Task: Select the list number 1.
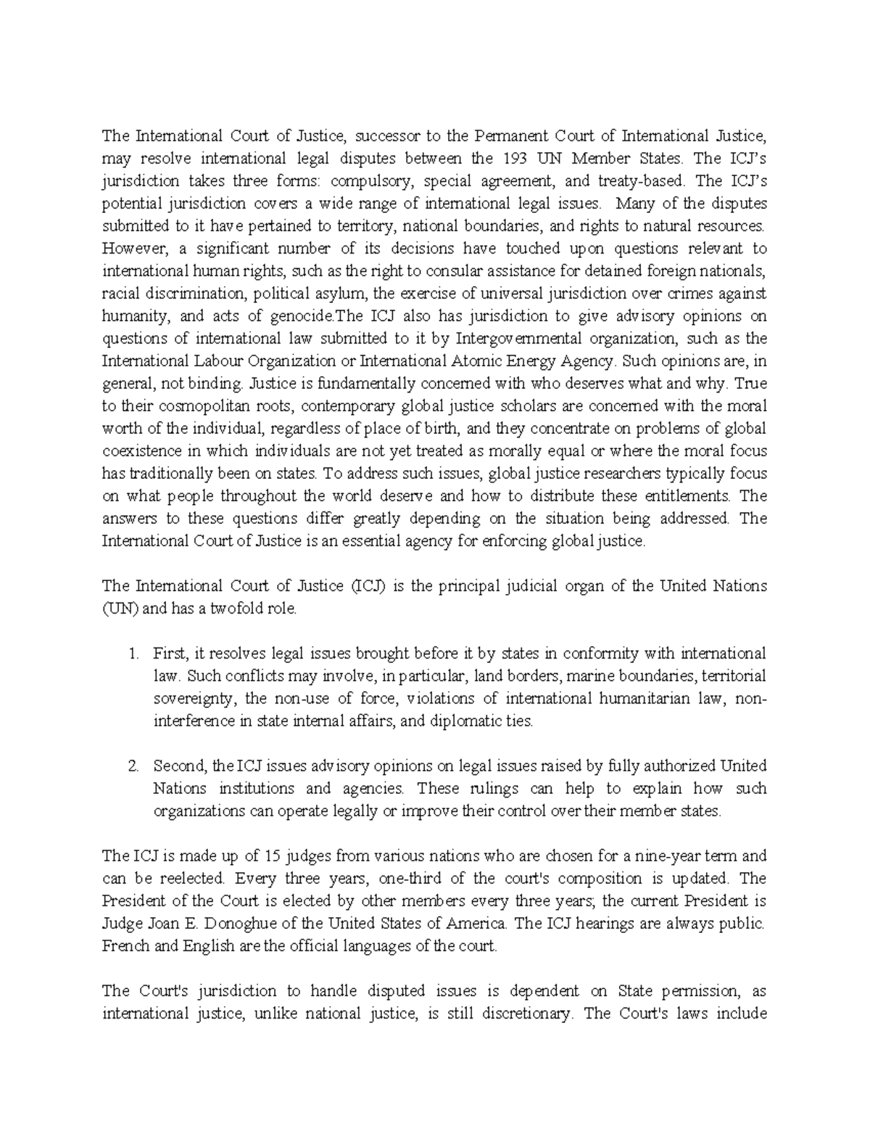coord(133,653)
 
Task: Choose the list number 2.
coord(133,766)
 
